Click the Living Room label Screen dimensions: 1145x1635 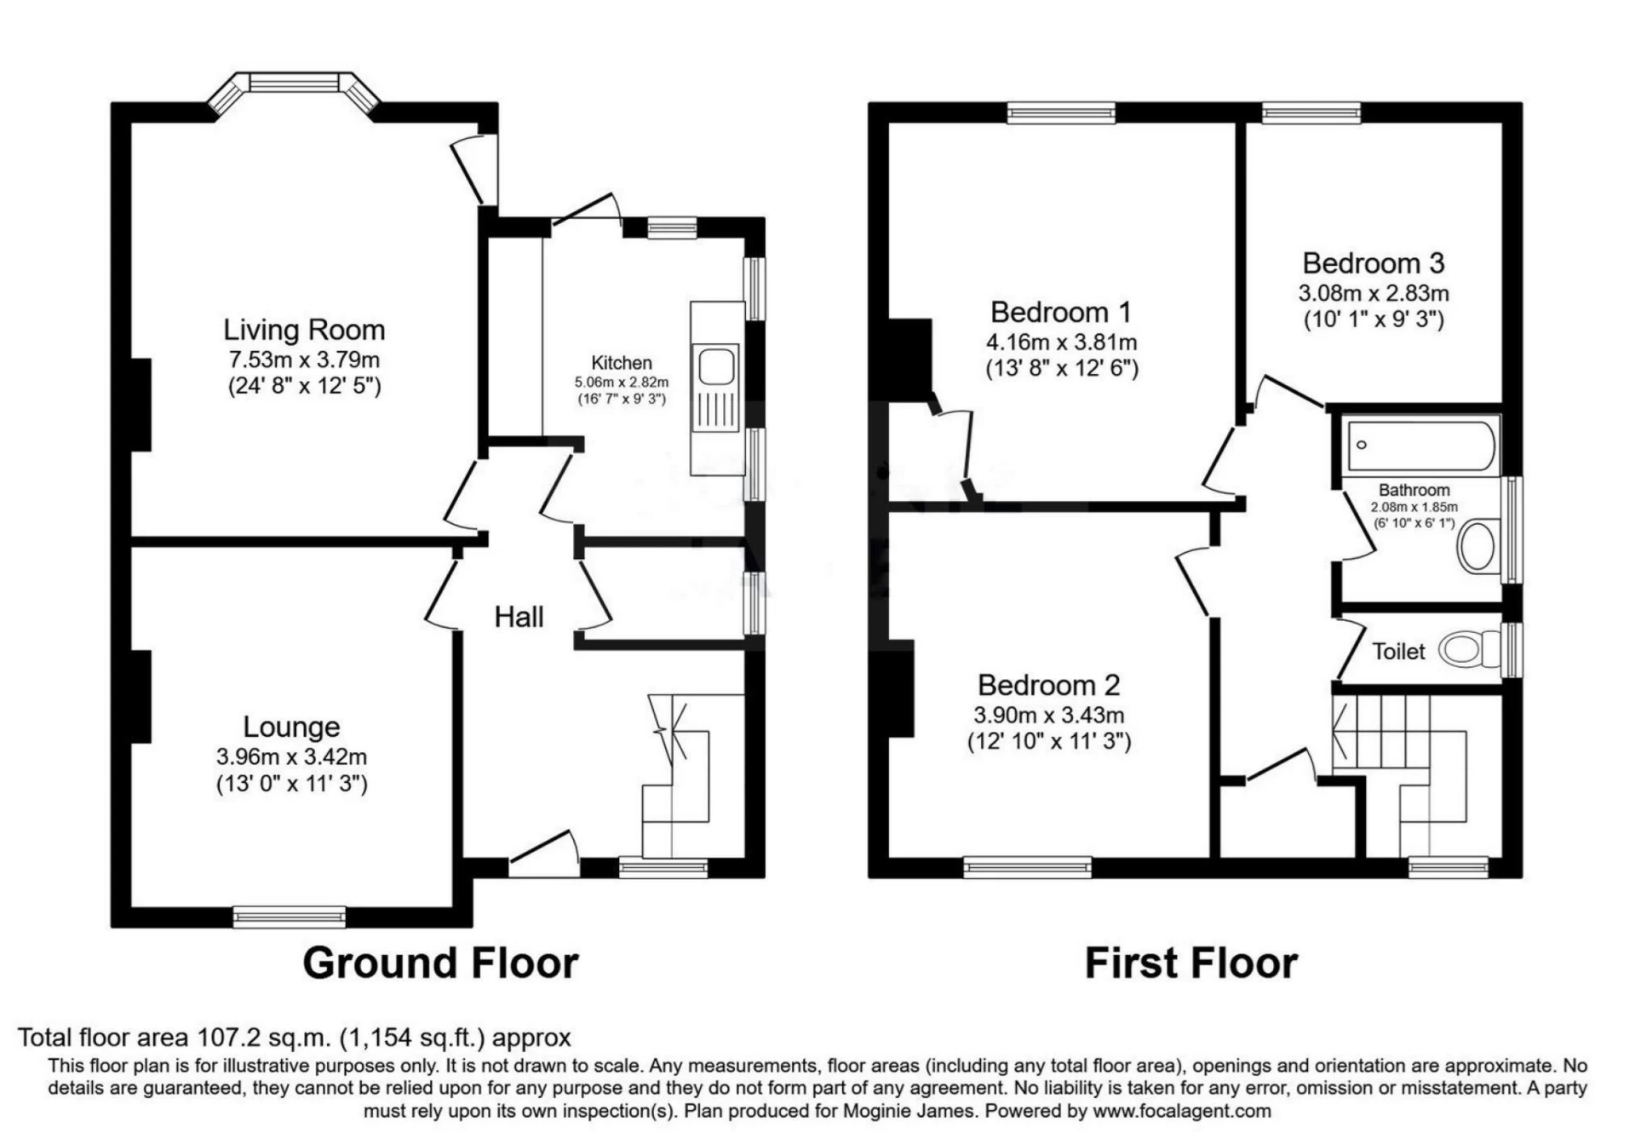pos(304,330)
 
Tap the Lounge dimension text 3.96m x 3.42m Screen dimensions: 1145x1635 pos(291,757)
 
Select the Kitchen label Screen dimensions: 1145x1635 pos(622,363)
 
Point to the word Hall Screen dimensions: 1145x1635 pos(519,617)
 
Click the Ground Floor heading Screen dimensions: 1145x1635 pos(440,964)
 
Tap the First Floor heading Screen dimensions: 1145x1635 pos(1190,964)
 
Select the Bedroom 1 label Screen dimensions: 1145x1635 pos(1061,313)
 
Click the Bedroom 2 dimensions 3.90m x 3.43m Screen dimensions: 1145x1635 pos(1049,716)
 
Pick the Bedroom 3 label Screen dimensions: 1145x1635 pos(1373,263)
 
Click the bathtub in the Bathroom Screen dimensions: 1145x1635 pos(1420,445)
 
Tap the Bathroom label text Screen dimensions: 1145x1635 pos(1414,490)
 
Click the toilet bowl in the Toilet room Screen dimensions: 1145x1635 pos(1461,650)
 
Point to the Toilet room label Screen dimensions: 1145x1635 pos(1398,652)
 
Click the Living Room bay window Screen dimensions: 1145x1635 pos(294,83)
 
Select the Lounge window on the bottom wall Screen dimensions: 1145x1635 pos(290,917)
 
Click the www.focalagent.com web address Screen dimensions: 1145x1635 pos(1182,1111)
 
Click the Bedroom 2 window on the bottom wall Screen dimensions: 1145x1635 pos(1027,867)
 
